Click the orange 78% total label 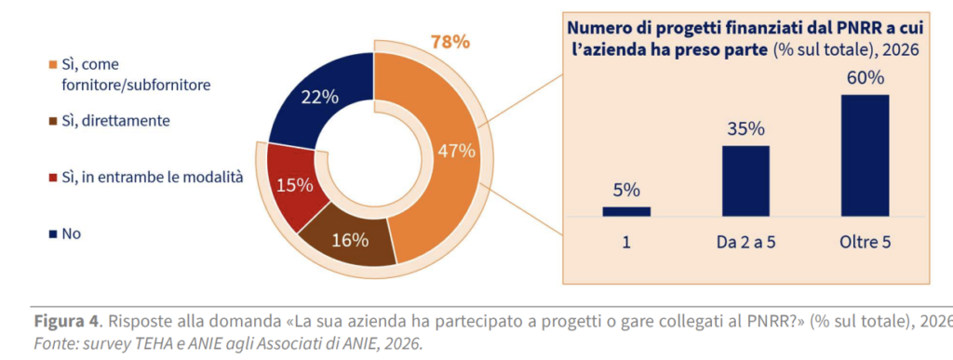click(450, 42)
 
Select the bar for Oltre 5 click(865, 155)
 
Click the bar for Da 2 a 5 click(745, 180)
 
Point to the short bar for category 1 click(626, 211)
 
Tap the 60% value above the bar click(865, 78)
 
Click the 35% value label click(745, 130)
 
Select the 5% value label click(626, 191)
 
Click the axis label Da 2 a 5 click(745, 243)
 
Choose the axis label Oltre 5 click(865, 243)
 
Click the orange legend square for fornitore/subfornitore click(52, 64)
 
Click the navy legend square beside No click(52, 234)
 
